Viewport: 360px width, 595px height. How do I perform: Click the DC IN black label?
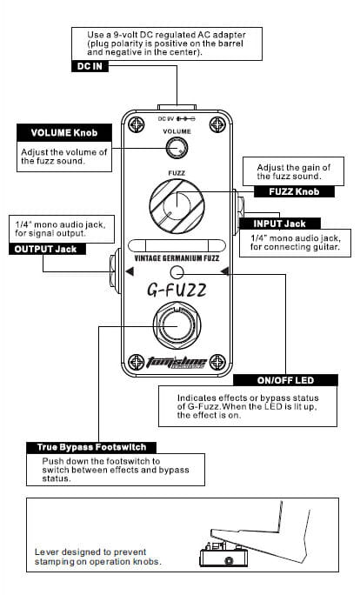tap(90, 66)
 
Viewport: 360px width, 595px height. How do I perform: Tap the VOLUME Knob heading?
tap(64, 133)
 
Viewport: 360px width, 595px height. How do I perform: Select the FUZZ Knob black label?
tap(294, 191)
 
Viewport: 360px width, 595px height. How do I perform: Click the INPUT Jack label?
tap(280, 224)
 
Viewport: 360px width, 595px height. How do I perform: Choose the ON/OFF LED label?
tap(285, 380)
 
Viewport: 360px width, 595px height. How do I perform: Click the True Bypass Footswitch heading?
tap(91, 447)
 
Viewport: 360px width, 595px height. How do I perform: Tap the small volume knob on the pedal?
tap(177, 148)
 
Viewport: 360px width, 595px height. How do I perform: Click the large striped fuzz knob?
tap(177, 206)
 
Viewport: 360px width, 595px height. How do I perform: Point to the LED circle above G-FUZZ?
tap(177, 271)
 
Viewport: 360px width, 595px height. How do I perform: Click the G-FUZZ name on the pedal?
tap(177, 291)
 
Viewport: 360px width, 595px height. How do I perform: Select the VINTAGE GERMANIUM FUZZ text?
tap(177, 258)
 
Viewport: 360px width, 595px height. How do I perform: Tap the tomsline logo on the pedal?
tap(177, 363)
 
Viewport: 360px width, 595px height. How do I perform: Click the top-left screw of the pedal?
tap(137, 124)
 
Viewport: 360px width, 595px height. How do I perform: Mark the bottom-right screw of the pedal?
tap(217, 362)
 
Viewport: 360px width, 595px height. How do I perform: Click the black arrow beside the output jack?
tap(130, 271)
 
